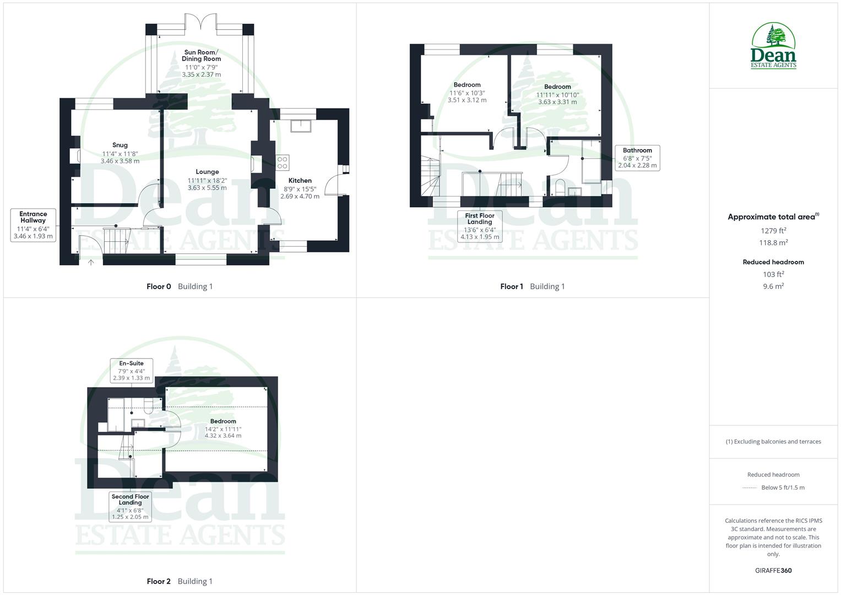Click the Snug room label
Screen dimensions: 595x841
pyautogui.click(x=120, y=145)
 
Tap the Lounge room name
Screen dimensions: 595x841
pyautogui.click(x=207, y=172)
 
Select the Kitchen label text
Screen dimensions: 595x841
pyautogui.click(x=300, y=181)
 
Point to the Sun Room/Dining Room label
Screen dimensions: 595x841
pyautogui.click(x=202, y=56)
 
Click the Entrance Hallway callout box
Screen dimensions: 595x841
pyautogui.click(x=33, y=225)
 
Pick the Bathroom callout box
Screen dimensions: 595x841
pyautogui.click(x=637, y=158)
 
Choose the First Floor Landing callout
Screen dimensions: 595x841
pyautogui.click(x=480, y=226)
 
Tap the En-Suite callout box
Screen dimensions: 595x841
pyautogui.click(x=132, y=370)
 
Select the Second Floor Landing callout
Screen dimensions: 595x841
pyautogui.click(x=131, y=506)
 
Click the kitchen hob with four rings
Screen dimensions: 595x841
pyautogui.click(x=283, y=163)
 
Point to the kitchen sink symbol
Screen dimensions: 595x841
pyautogui.click(x=301, y=126)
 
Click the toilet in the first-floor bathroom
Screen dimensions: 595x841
pyautogui.click(x=560, y=187)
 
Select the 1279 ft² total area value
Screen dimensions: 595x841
pyautogui.click(x=773, y=231)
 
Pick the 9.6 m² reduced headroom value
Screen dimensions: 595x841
pyautogui.click(x=773, y=286)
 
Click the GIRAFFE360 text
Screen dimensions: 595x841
pyautogui.click(x=773, y=571)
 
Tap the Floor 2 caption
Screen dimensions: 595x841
pyautogui.click(x=159, y=581)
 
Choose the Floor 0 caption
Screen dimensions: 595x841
pyautogui.click(x=159, y=286)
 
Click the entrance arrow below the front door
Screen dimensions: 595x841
pyautogui.click(x=91, y=263)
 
